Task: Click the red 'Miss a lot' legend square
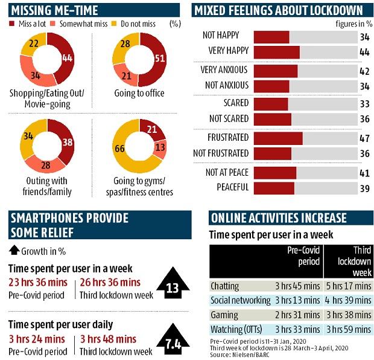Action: point(13,24)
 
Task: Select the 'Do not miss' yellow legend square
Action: point(119,24)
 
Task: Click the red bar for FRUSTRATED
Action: point(277,138)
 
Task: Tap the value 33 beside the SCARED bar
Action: point(364,103)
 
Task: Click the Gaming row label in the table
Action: point(224,314)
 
